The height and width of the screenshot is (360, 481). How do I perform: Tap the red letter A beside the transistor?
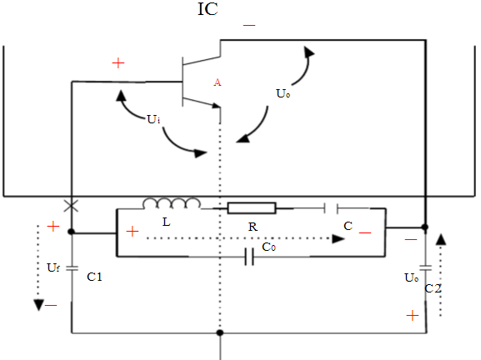point(218,82)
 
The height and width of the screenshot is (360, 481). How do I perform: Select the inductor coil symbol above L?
point(172,203)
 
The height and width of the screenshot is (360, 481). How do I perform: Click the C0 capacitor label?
point(269,247)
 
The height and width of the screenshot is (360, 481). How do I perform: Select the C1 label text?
point(94,276)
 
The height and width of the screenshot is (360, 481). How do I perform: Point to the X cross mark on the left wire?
point(71,205)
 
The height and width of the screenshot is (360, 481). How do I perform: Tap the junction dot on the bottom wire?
point(220,333)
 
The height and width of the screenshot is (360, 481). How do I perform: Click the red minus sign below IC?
point(248,27)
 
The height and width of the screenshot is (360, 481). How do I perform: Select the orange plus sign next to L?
point(132,231)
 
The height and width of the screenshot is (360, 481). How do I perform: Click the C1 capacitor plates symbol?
point(71,268)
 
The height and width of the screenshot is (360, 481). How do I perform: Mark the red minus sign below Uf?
point(51,305)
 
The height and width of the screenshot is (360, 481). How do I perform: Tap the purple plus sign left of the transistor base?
point(118,63)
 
